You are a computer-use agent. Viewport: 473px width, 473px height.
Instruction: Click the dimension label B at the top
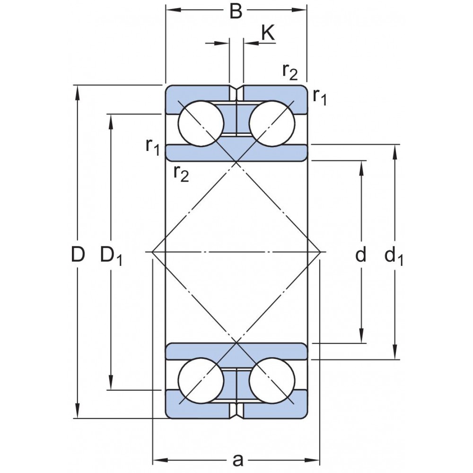pyautogui.click(x=236, y=12)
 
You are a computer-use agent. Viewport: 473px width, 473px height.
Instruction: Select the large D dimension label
pyautogui.click(x=78, y=254)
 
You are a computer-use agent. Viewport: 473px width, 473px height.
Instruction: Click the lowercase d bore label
pyautogui.click(x=361, y=254)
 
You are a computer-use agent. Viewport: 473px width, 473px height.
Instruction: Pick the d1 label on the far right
pyautogui.click(x=394, y=256)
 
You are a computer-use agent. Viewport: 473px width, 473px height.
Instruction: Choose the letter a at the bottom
pyautogui.click(x=238, y=460)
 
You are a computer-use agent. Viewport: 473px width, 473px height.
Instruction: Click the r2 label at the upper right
pyautogui.click(x=290, y=72)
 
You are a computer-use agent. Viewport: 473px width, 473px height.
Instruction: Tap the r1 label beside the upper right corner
pyautogui.click(x=320, y=97)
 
